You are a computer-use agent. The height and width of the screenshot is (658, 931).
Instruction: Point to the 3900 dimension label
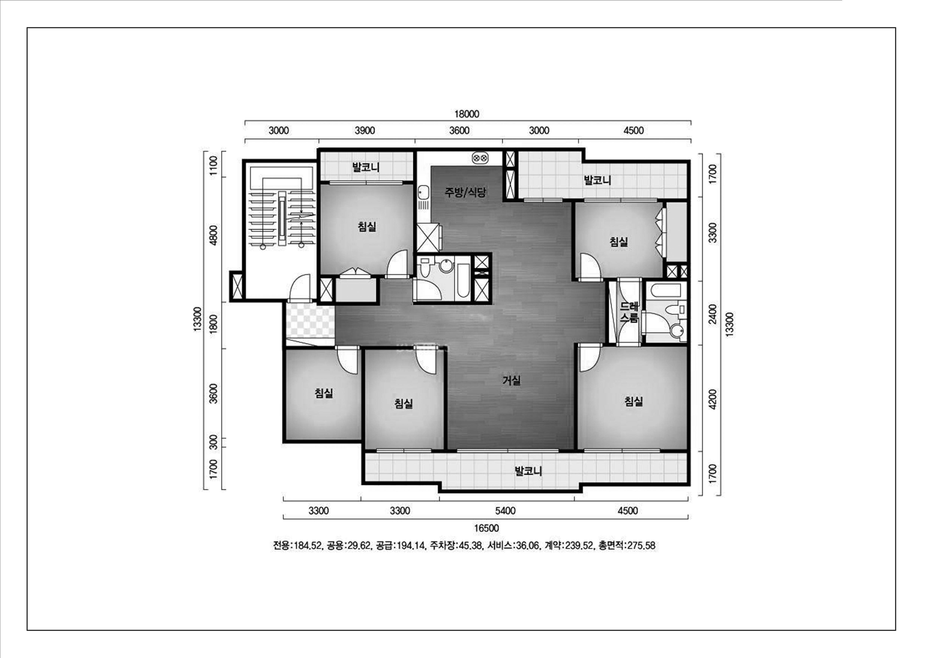coord(364,131)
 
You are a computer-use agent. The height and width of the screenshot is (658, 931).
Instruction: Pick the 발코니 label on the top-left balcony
coord(366,167)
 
